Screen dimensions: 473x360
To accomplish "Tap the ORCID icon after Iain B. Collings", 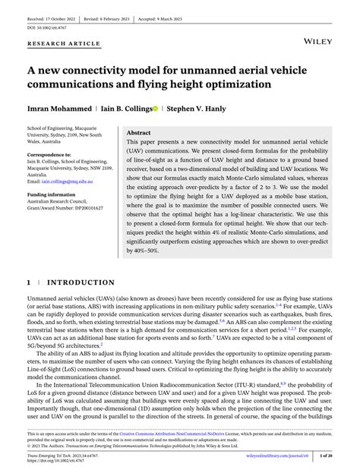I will coord(156,109).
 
